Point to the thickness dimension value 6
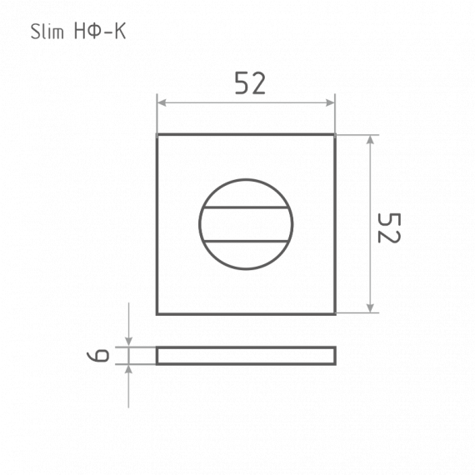pyautogui.click(x=99, y=356)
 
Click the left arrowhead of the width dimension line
pyautogui.click(x=162, y=103)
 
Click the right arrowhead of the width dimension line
pyautogui.click(x=331, y=103)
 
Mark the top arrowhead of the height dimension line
pyautogui.click(x=370, y=138)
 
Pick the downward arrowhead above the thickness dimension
pyautogui.click(x=128, y=342)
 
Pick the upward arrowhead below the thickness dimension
pyautogui.click(x=128, y=370)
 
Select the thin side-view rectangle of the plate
pyautogui.click(x=246, y=356)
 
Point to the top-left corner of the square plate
pyautogui.click(x=157, y=135)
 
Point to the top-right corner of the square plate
pyautogui.click(x=335, y=135)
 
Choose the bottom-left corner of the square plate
pyautogui.click(x=157, y=313)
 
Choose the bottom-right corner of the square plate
pyautogui.click(x=335, y=313)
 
